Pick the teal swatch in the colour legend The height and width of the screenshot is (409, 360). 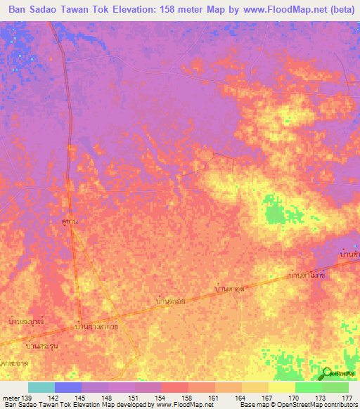pos(41,387)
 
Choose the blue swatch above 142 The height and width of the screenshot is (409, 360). pos(68,387)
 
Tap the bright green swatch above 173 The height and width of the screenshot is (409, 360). pos(309,387)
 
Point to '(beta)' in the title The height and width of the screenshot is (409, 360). pos(333,10)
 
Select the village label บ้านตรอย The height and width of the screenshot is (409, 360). pos(170,301)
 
